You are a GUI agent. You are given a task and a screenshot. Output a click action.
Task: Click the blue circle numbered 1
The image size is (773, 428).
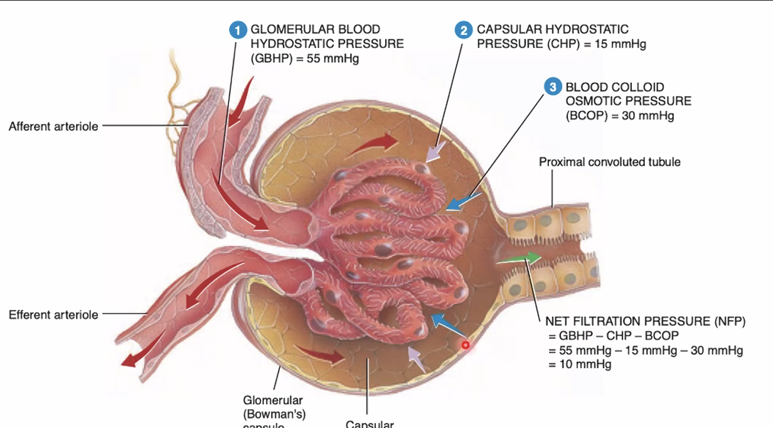click(x=238, y=30)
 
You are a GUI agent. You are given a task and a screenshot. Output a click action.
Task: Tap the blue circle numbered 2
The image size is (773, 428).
click(x=464, y=30)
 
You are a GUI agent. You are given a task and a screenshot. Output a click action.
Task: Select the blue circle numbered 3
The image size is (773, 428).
click(x=553, y=87)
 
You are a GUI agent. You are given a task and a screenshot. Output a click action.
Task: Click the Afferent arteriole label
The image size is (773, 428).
click(x=53, y=127)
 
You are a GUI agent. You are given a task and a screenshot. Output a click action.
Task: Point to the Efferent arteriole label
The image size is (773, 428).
click(x=53, y=314)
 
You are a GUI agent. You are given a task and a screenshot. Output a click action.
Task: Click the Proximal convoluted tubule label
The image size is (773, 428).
click(x=609, y=162)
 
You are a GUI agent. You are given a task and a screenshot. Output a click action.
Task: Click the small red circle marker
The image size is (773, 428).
click(x=465, y=345)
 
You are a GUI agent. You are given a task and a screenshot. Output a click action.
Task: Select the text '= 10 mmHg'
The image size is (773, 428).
click(x=580, y=364)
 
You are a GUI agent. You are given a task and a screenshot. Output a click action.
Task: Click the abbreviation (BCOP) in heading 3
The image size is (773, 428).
click(x=585, y=116)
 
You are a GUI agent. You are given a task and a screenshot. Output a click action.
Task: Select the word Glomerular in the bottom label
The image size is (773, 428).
click(x=272, y=400)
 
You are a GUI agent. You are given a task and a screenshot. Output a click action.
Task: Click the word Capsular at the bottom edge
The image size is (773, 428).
click(x=370, y=424)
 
